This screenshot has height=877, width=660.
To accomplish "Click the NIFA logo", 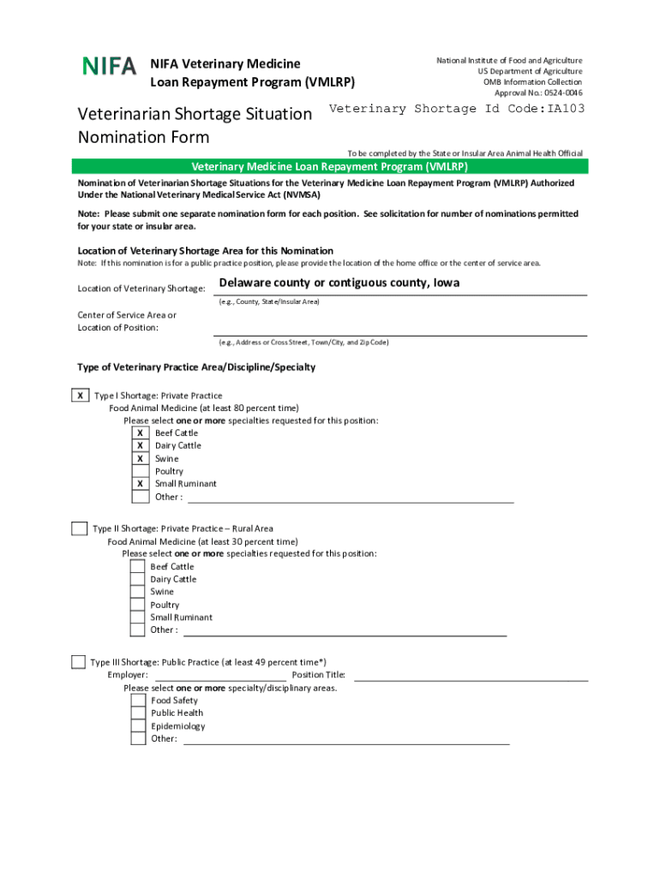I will coord(109,65).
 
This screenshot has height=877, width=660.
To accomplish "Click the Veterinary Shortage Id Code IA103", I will coord(457,109).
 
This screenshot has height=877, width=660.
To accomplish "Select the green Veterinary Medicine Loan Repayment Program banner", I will coord(330,167).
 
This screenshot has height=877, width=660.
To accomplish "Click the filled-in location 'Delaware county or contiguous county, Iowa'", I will coord(339,283).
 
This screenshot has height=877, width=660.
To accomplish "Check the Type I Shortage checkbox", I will coord(80,396).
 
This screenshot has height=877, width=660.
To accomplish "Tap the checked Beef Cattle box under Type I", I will coord(140,433).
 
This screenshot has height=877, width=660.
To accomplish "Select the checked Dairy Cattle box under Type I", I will coord(140,445).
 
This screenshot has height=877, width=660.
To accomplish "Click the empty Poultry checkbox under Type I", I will coord(140,471).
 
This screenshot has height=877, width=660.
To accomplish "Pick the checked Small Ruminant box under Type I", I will coord(140,484).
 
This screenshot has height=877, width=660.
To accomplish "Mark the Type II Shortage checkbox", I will coord(79,528).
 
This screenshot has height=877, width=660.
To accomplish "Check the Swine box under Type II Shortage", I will coord(137,592).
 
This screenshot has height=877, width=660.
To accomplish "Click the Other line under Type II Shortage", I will coord(345,635).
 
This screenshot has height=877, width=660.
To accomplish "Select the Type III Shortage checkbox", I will coord(78,662).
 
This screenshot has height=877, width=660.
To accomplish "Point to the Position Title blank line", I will coord(471,677).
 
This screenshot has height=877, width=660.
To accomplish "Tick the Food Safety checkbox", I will coord(138,701).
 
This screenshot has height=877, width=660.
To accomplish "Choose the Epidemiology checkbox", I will coord(138,726).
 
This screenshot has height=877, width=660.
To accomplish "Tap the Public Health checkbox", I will coord(138,713).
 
